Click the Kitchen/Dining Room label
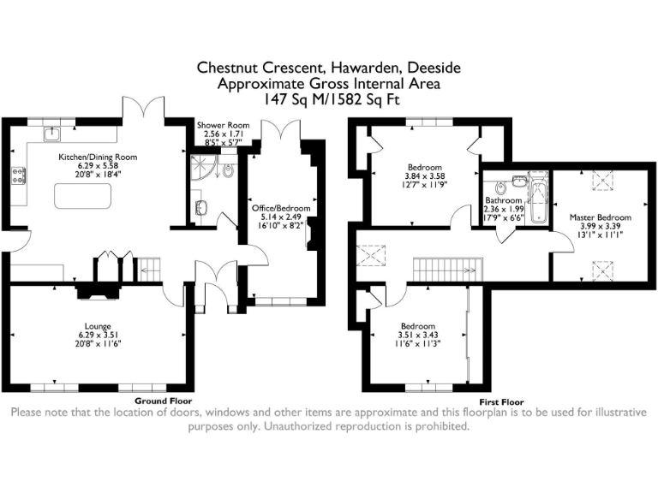tap(97, 157)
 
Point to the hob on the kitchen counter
tap(17, 177)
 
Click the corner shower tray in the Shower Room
tap(200, 165)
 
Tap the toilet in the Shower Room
tap(227, 170)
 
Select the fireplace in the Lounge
tap(97, 292)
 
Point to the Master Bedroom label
tap(600, 217)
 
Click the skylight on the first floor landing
tap(373, 255)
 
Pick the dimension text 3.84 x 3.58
tap(425, 175)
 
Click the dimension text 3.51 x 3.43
tap(419, 336)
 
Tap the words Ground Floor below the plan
tap(163, 401)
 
